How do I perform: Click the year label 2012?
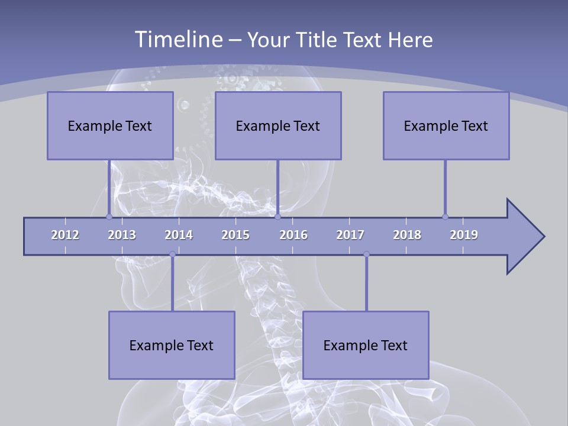click(x=65, y=235)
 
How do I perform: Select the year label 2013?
click(x=122, y=235)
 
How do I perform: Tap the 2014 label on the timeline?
click(x=179, y=235)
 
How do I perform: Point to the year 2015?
click(x=235, y=235)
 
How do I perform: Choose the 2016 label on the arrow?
click(x=293, y=235)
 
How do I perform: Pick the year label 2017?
click(x=350, y=235)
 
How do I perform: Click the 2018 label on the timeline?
click(x=407, y=235)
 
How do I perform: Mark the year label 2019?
click(x=464, y=235)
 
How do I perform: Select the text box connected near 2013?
click(x=110, y=125)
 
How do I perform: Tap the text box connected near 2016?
click(x=278, y=125)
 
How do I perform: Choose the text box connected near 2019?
click(x=446, y=125)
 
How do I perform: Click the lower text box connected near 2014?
click(x=172, y=345)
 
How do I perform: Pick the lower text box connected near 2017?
click(x=366, y=345)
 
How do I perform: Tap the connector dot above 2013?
click(x=109, y=217)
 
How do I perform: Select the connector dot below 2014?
click(x=172, y=254)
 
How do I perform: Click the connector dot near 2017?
click(x=366, y=254)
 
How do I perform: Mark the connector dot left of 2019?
click(x=445, y=217)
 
